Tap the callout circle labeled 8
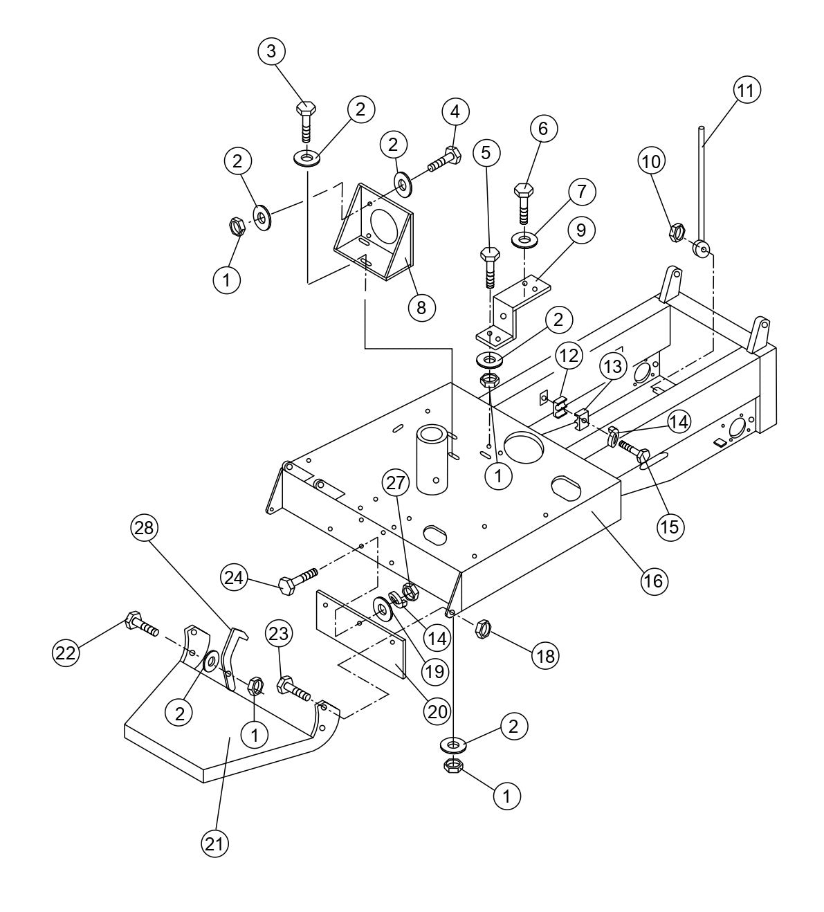(x=421, y=305)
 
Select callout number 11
(x=747, y=91)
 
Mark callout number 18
(x=546, y=655)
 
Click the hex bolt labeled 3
(x=306, y=120)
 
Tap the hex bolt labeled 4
(x=443, y=159)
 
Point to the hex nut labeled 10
(x=676, y=232)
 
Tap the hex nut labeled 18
(x=483, y=629)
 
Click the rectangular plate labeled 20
(x=360, y=633)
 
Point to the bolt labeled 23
(x=295, y=688)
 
